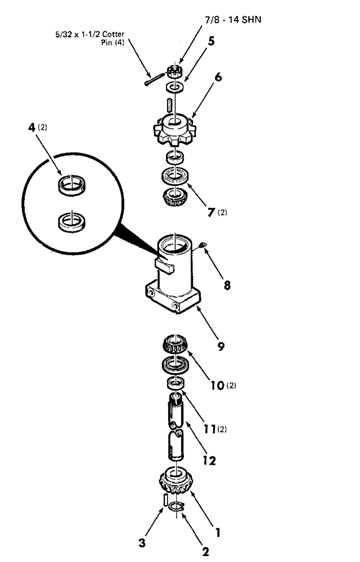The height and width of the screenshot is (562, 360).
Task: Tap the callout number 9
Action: pos(221,347)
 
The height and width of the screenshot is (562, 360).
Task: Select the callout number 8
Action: pos(227,285)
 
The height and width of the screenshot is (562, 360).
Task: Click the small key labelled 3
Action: pos(165,499)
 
